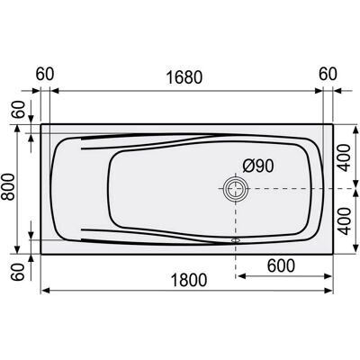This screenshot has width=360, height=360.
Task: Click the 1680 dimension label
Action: [x=184, y=77]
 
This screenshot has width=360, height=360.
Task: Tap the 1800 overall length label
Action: [x=189, y=280]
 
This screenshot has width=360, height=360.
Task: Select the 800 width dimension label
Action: [x=8, y=186]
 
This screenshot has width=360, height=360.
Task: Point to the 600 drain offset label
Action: [x=281, y=265]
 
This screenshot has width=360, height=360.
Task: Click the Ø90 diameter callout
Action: [x=258, y=166]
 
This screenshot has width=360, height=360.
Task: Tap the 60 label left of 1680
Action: [x=45, y=74]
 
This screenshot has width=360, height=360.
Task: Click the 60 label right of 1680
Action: [x=328, y=74]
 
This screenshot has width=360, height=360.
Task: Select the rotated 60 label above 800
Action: [x=18, y=110]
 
